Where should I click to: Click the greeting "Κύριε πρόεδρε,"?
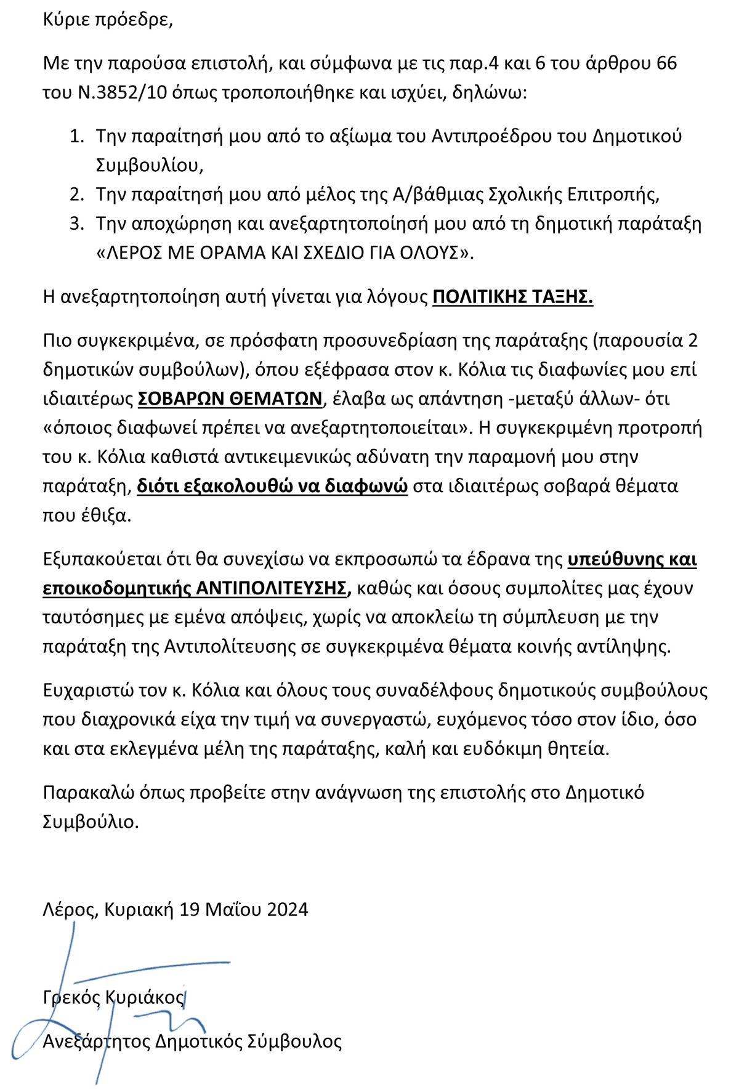(108, 20)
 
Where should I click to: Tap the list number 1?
(76, 136)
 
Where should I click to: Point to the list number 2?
(76, 195)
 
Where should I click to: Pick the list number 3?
(76, 224)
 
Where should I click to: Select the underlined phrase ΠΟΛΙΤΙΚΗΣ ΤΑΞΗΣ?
(512, 297)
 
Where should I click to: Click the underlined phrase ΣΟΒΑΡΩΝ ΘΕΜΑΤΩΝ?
(230, 399)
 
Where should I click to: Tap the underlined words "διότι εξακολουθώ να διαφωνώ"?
(272, 487)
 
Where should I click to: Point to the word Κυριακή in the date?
(139, 910)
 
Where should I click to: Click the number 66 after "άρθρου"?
(666, 63)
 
